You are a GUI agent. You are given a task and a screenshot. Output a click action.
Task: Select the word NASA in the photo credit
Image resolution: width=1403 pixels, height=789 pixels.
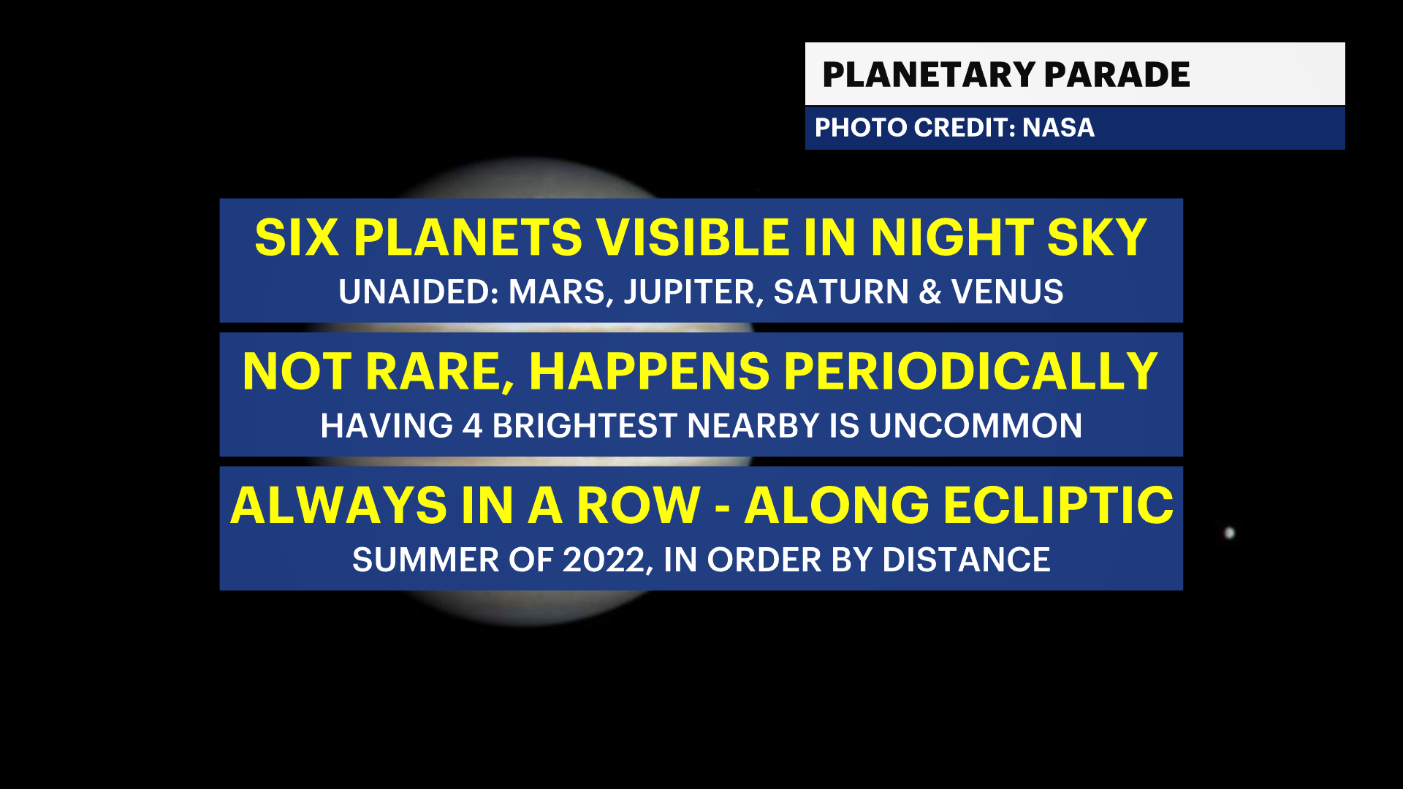click(1058, 128)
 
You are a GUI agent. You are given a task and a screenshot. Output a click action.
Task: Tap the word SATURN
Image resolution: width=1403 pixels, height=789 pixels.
click(841, 292)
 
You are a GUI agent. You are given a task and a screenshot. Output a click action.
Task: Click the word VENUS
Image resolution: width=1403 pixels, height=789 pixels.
click(1007, 292)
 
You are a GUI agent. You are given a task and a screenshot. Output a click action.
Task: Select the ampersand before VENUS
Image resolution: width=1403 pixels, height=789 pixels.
click(930, 292)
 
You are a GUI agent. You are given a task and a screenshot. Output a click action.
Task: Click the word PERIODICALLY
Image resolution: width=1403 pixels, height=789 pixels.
click(971, 372)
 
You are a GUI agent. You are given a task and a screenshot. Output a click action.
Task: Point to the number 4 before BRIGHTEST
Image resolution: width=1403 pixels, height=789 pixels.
click(473, 426)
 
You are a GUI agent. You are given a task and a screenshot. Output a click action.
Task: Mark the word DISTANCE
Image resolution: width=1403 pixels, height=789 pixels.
click(966, 560)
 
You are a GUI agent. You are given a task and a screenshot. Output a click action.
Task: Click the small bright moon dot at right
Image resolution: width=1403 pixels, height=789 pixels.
click(1229, 533)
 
